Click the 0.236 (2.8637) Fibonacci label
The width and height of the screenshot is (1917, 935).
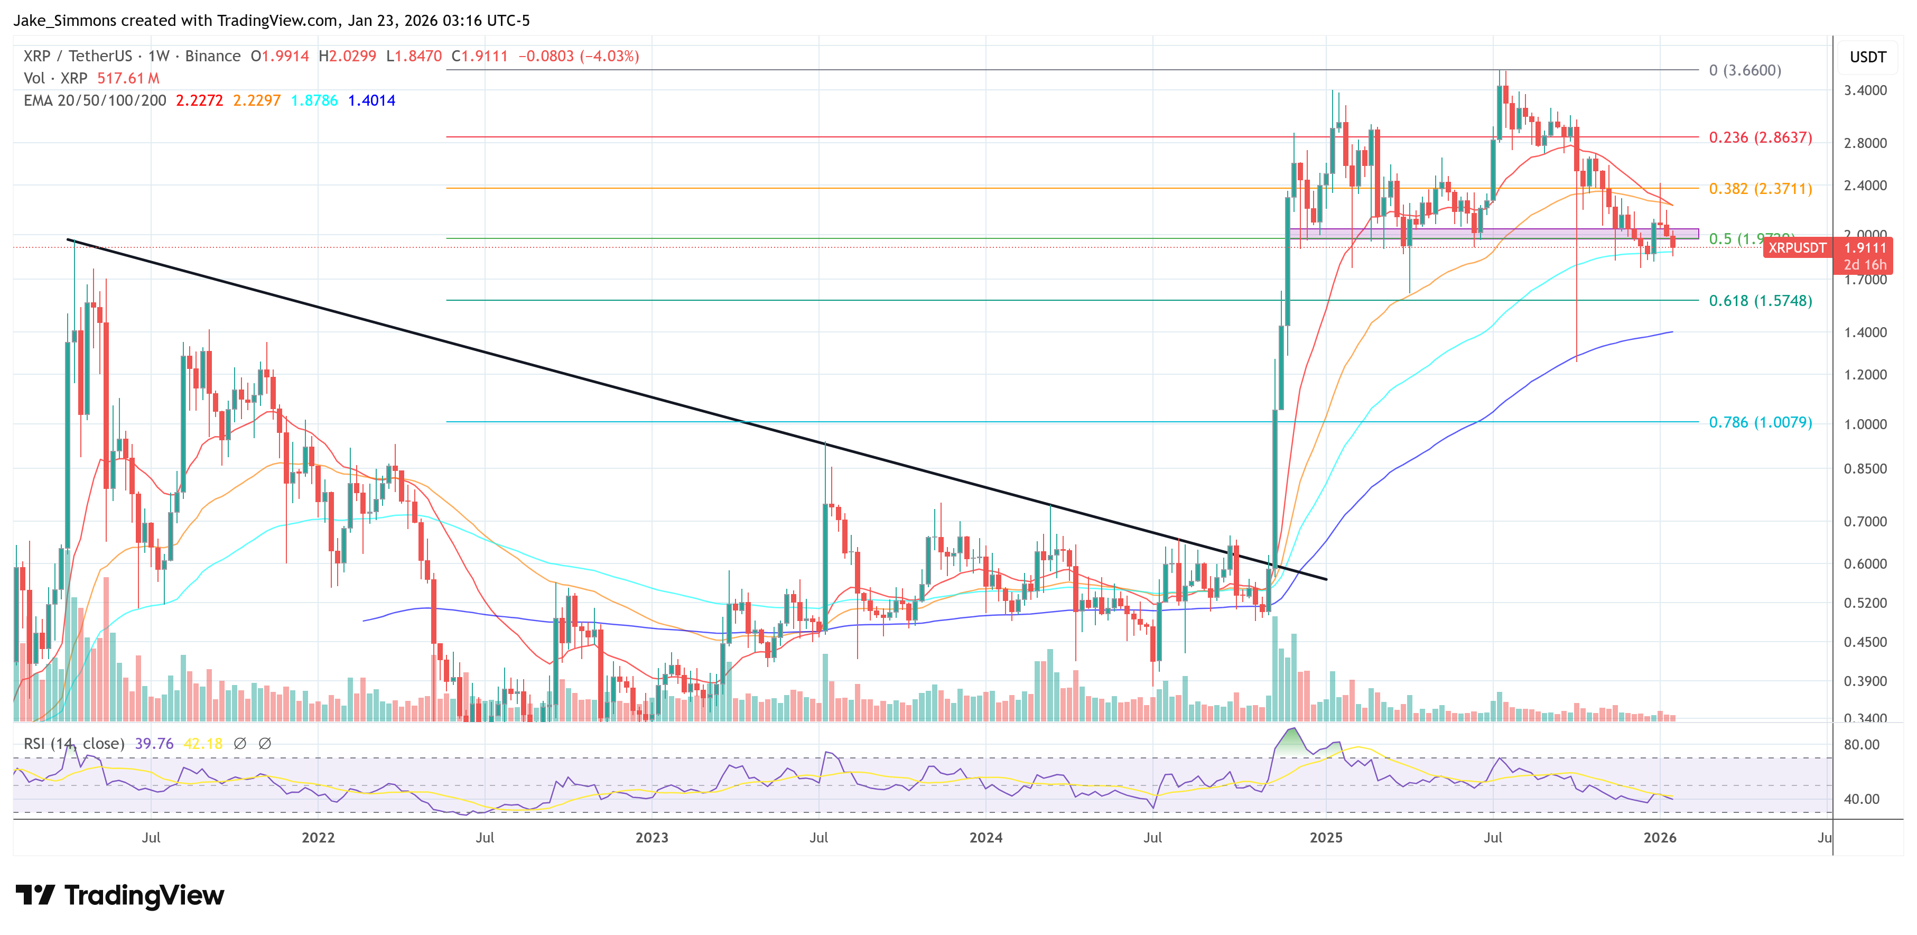click(x=1760, y=138)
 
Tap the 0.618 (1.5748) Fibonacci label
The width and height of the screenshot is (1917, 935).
click(x=1760, y=301)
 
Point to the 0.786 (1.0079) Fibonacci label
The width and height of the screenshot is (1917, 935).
click(x=1760, y=422)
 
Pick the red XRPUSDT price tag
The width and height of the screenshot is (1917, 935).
click(x=1797, y=248)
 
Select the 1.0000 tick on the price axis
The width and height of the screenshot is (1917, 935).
click(x=1865, y=424)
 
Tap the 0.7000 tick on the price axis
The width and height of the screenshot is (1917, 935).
click(x=1865, y=522)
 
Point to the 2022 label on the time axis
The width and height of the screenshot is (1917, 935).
click(x=318, y=837)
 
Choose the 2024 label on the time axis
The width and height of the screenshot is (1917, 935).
click(x=985, y=837)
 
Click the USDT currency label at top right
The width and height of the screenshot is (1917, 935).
click(x=1867, y=57)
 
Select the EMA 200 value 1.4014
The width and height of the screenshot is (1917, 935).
click(x=371, y=100)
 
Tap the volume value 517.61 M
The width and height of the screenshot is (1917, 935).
click(x=128, y=78)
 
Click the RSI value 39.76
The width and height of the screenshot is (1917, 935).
click(x=154, y=744)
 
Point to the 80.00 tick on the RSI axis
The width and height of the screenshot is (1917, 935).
click(x=1861, y=744)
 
